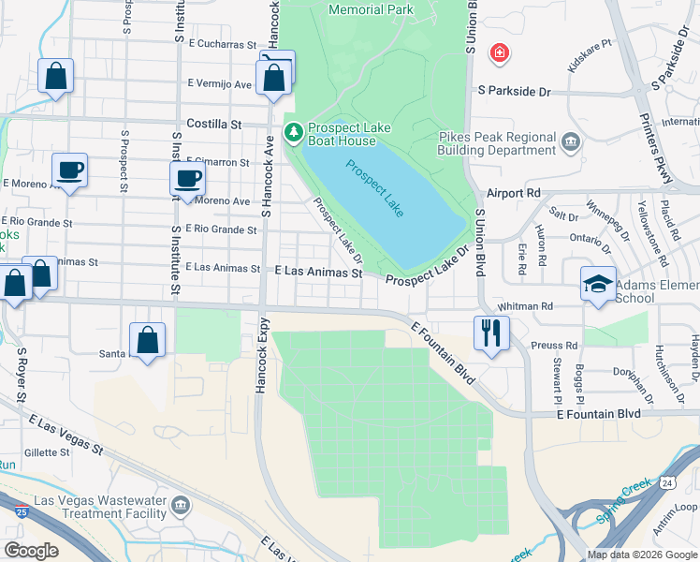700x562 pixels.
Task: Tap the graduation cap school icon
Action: [x=598, y=284]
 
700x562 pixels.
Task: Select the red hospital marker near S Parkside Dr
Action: [x=500, y=53]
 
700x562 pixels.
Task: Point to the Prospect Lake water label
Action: [x=374, y=188]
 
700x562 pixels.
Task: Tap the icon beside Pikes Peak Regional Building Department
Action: [x=570, y=143]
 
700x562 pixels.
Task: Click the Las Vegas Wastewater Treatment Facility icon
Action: [x=181, y=507]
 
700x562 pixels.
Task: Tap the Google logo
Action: [x=32, y=550]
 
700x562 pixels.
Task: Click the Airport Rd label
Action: [x=514, y=192]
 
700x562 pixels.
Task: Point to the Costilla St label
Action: [x=213, y=124]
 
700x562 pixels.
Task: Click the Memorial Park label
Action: [x=372, y=9]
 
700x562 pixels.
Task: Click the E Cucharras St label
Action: [x=222, y=44]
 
